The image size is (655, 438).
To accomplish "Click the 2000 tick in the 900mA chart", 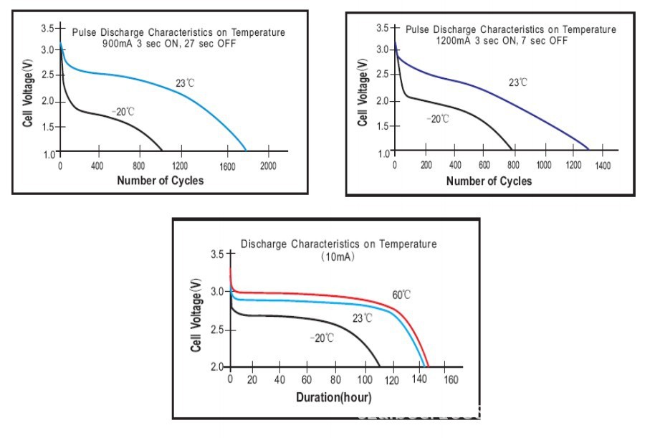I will tap(269, 166).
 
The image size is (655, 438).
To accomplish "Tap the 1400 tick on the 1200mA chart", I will tap(603, 166).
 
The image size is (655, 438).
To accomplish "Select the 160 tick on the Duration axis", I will tap(451, 380).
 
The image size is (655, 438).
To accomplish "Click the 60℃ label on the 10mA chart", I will tap(401, 295).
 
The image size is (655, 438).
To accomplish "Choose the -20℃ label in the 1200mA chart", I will tap(437, 118).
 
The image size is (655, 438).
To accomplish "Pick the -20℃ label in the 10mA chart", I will tap(322, 338).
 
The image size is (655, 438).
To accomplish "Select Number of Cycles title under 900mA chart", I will tap(161, 180).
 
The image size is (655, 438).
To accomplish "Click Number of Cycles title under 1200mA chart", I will tap(489, 181).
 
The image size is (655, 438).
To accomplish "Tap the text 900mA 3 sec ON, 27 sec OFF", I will tap(169, 43).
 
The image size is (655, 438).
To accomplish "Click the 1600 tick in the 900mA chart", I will tap(228, 166).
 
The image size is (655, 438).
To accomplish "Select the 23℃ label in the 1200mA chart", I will tap(518, 82).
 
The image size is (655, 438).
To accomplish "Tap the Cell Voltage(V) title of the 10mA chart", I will tap(196, 315).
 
